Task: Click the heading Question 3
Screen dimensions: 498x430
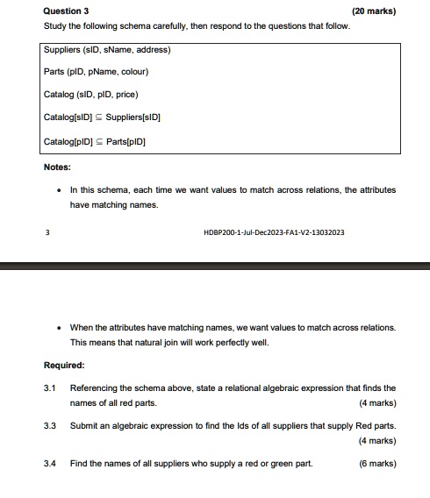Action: click(66, 11)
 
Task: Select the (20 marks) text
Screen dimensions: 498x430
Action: click(373, 11)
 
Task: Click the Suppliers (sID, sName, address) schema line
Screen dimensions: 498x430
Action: click(106, 49)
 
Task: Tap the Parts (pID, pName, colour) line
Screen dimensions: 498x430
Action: click(96, 72)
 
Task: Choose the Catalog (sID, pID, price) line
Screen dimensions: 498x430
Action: click(90, 94)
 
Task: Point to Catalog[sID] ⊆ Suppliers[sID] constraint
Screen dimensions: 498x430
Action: click(102, 117)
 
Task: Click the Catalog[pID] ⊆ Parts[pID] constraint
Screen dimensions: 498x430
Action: click(94, 140)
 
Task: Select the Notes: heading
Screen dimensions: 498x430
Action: click(57, 167)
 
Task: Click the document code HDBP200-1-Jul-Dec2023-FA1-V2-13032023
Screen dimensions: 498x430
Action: click(273, 232)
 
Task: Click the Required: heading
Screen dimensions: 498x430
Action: click(64, 366)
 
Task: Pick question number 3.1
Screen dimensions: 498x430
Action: click(50, 388)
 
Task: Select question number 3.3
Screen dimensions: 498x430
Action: click(50, 425)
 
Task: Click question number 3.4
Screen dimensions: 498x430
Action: click(50, 463)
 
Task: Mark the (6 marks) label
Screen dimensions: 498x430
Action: click(377, 463)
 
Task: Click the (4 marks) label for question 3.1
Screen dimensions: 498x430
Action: click(377, 403)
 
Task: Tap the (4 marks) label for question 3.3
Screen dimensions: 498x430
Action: click(377, 441)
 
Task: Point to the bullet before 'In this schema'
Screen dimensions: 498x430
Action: click(58, 189)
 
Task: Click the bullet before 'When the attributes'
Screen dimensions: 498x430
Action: click(58, 327)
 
